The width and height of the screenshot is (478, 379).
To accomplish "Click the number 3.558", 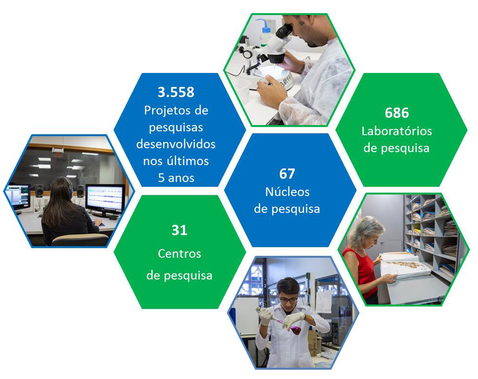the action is coord(176,92).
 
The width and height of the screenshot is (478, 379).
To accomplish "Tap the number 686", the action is coord(397,113).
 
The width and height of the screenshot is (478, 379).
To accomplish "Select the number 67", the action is coord(287,174).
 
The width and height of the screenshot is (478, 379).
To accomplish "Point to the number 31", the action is coord(179,230).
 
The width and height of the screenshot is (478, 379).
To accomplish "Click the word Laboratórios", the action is coord(397,131).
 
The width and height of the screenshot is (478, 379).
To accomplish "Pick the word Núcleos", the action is coord(287,192).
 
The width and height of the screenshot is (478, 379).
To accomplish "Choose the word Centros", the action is coord(179,254).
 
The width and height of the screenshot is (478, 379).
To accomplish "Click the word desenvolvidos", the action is coord(176,144).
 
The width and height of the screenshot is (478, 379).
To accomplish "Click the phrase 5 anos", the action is coord(176,178).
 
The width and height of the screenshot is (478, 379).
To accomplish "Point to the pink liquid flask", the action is coord(294,329).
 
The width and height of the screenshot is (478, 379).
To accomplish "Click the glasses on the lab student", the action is coord(288,300).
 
